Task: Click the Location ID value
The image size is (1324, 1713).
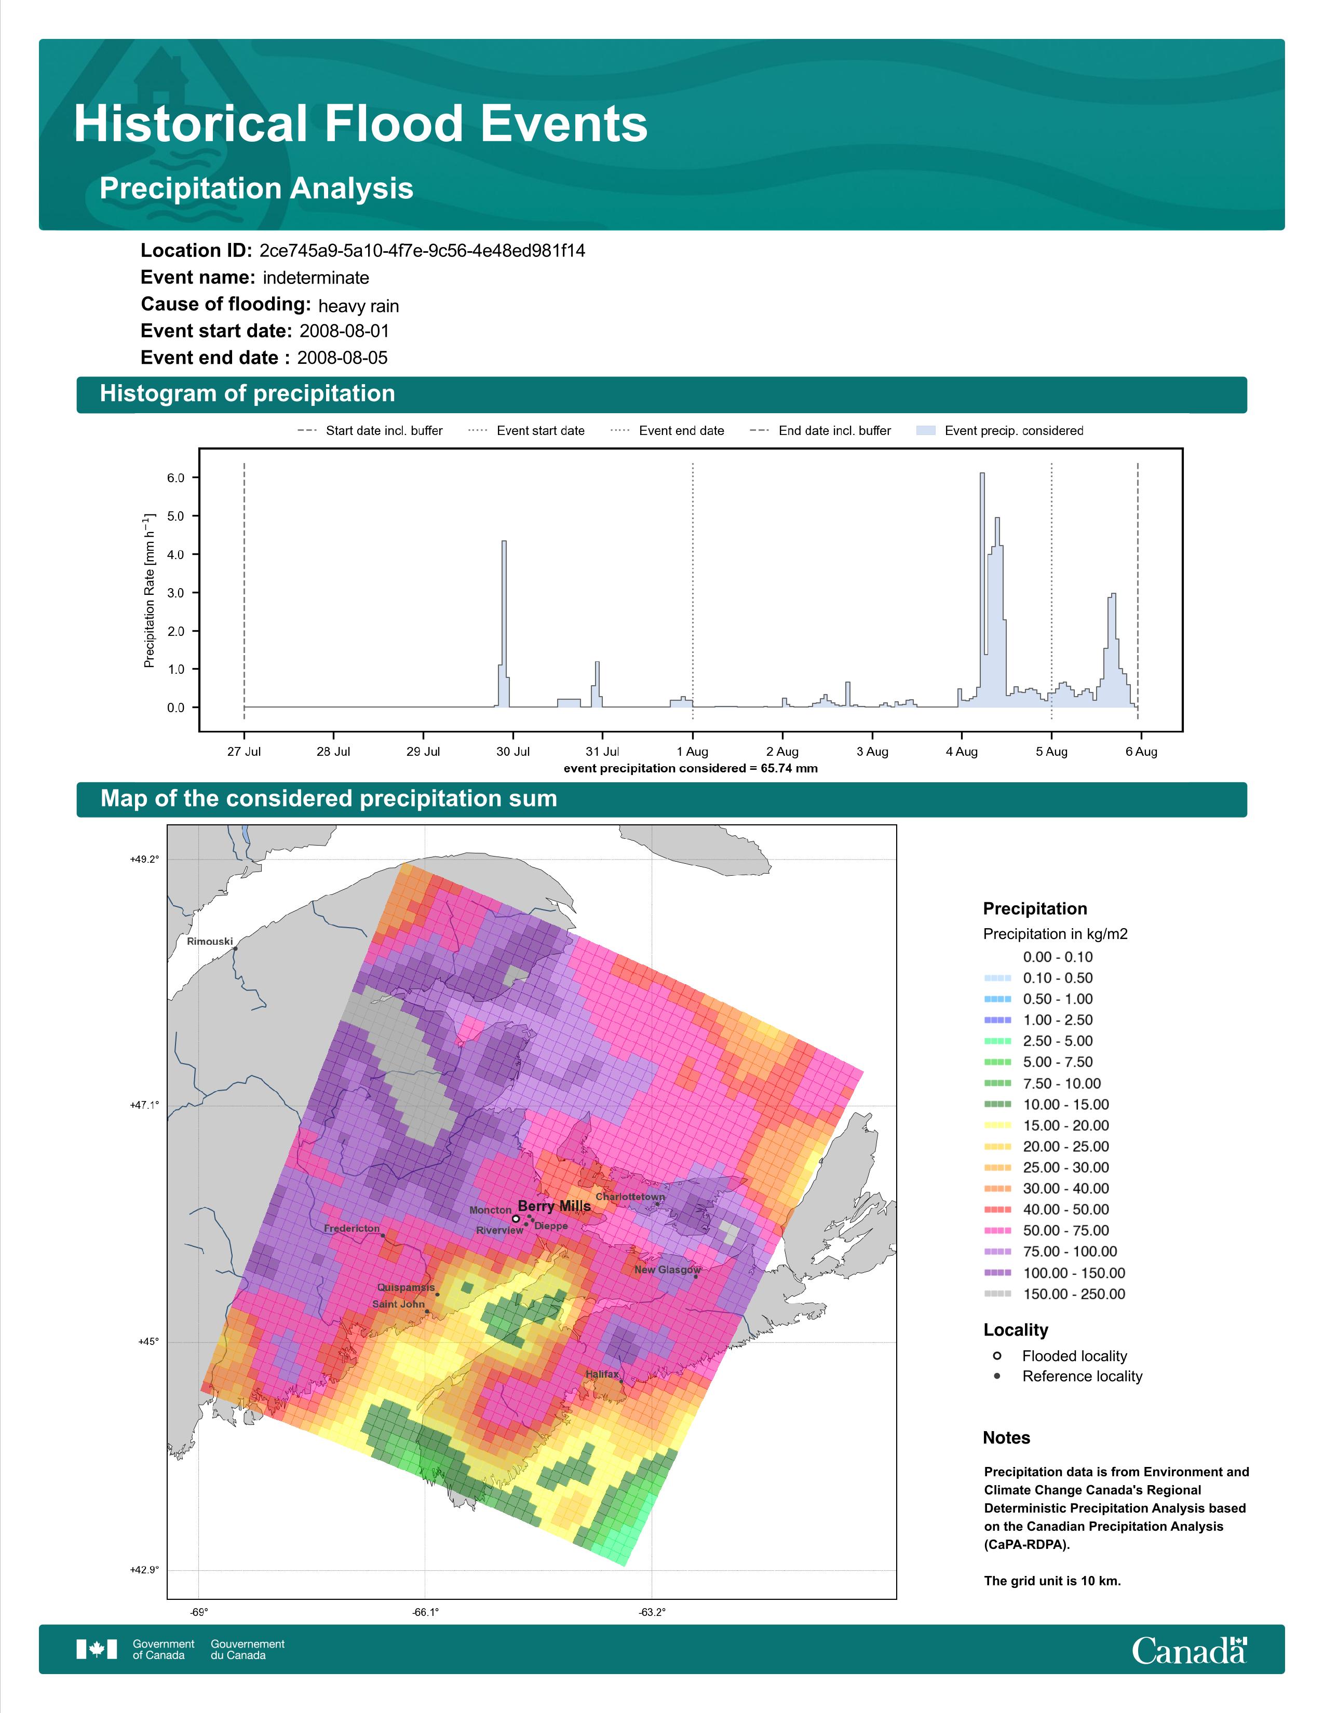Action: pos(422,251)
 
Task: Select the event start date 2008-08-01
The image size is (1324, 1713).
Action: pos(344,331)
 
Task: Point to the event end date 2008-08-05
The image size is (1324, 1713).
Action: pos(342,358)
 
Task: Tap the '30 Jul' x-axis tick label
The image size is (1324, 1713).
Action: pos(513,752)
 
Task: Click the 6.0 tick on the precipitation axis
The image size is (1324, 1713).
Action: pos(175,478)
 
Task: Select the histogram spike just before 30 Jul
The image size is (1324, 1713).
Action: pos(504,543)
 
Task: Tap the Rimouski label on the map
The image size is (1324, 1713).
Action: pos(209,941)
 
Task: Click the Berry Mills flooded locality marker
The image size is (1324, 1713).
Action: pos(516,1219)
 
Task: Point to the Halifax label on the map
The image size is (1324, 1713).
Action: pos(602,1374)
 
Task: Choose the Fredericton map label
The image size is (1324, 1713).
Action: pos(352,1228)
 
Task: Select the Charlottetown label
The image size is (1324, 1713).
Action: pos(630,1197)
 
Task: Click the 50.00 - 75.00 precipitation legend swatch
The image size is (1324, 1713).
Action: pos(997,1231)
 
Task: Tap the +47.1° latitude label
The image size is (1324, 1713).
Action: pos(144,1105)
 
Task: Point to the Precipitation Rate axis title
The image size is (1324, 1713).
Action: pos(149,591)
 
